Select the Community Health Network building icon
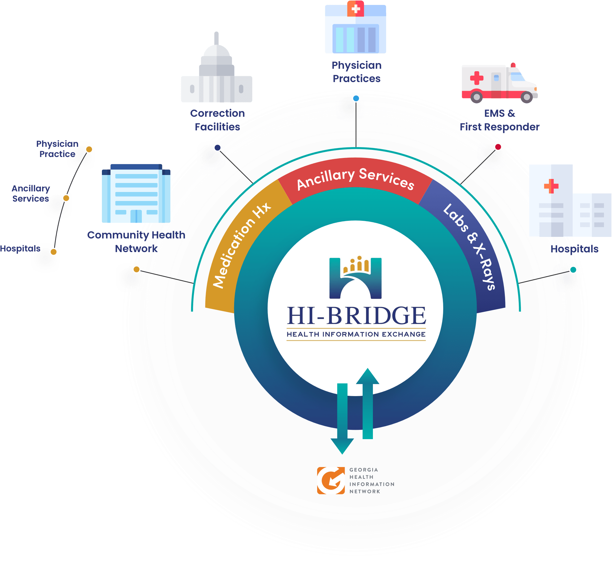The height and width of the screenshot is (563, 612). coord(136,194)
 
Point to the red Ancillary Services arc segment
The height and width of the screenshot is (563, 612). coord(355,178)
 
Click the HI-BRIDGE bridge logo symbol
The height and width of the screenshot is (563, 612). coord(355,278)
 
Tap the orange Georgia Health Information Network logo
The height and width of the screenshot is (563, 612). coord(331,480)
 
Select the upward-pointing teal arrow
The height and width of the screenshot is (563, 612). coord(368,403)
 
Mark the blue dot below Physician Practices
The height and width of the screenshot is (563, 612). coord(356,98)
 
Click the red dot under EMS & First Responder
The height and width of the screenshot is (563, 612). coord(498,147)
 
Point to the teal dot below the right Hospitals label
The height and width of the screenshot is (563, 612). coord(573,270)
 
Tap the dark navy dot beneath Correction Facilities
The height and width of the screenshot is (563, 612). coord(217,147)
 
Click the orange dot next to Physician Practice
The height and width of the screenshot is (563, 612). coord(89,149)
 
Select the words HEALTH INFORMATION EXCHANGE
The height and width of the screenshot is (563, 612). coord(356,334)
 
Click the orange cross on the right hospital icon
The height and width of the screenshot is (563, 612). coord(551,186)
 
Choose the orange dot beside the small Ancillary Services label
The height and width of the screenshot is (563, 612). coord(66,198)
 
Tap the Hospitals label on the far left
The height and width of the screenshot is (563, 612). coord(20,248)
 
